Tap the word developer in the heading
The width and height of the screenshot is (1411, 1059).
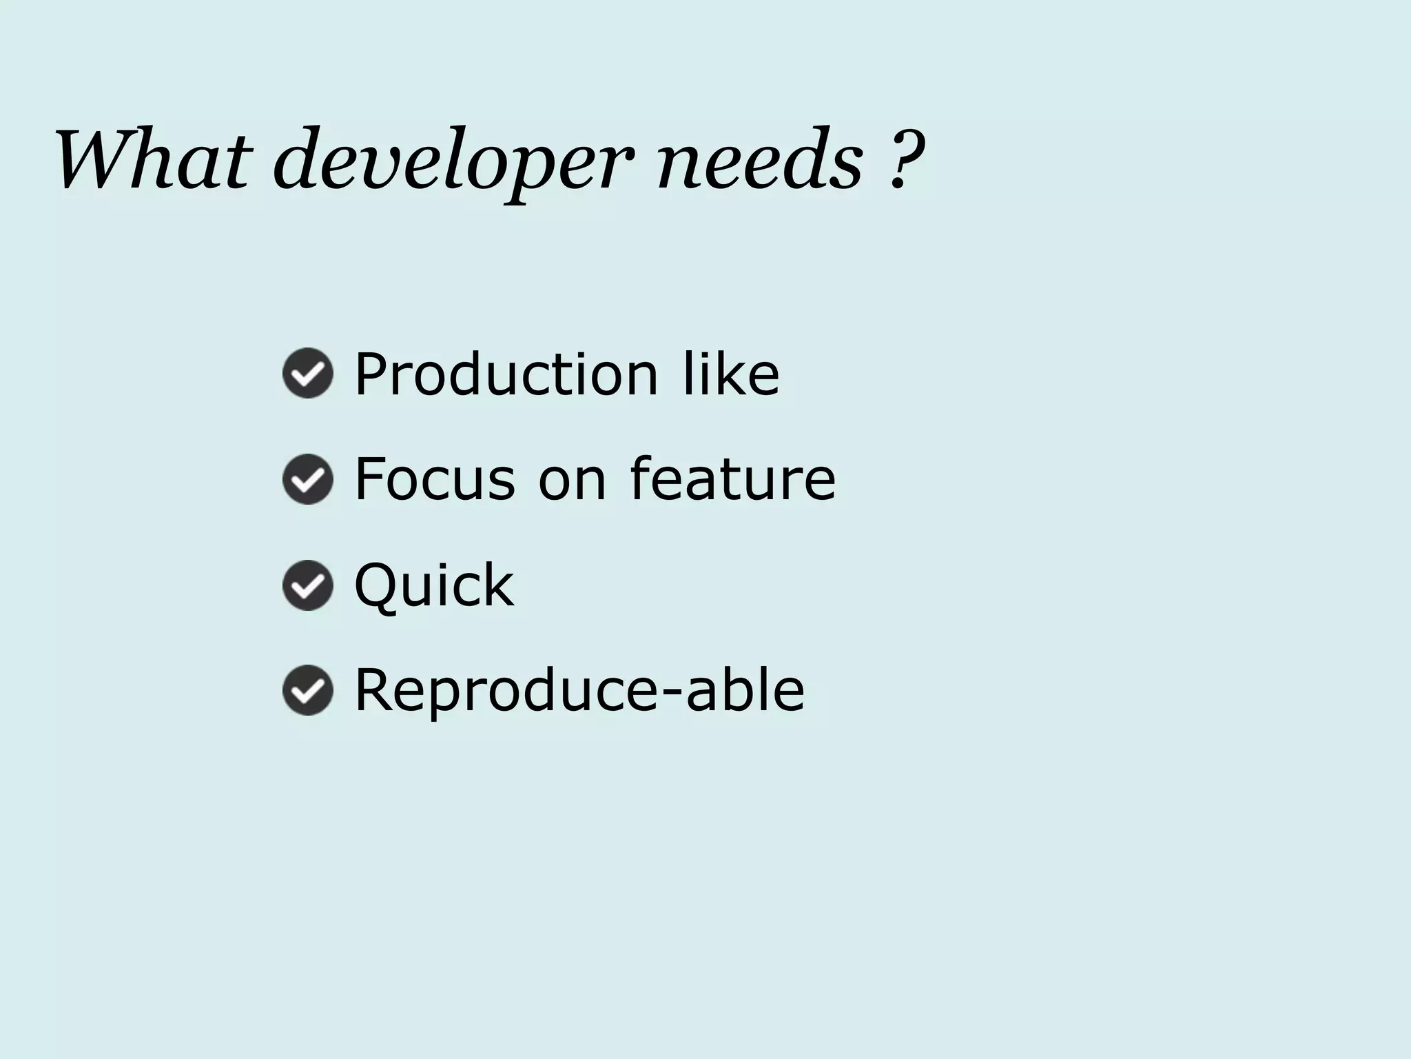click(452, 162)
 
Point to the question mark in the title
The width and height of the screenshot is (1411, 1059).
click(905, 159)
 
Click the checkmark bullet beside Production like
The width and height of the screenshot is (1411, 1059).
click(308, 373)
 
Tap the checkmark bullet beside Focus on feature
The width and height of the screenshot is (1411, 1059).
click(308, 479)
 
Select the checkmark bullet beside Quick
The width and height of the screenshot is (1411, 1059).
click(308, 585)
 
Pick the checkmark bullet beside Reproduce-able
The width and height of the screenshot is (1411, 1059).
click(308, 690)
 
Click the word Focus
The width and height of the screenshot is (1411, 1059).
click(435, 479)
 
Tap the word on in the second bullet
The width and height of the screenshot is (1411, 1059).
click(572, 481)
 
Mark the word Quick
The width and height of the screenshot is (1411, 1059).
click(434, 585)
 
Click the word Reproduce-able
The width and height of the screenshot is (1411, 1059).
click(579, 690)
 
